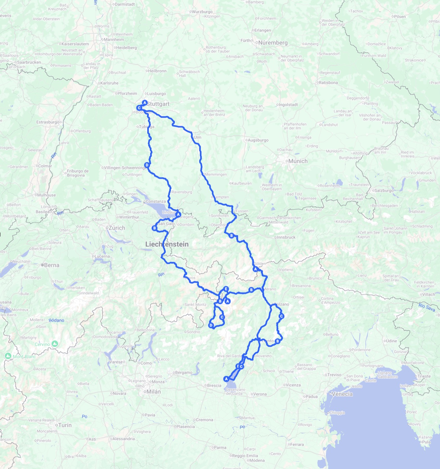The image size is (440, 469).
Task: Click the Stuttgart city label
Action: tap(158, 104)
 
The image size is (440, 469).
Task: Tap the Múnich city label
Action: tap(298, 161)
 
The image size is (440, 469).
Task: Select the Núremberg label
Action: tap(273, 43)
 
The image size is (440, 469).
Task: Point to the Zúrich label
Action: tap(117, 228)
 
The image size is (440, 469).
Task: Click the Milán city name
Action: tap(153, 392)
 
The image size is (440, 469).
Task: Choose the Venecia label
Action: tap(342, 394)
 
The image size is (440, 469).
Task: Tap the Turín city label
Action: tap(65, 425)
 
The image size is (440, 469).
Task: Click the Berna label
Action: tap(51, 265)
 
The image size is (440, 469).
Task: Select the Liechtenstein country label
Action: tap(167, 244)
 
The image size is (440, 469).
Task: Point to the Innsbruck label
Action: tap(286, 237)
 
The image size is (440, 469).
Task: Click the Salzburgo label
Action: tap(384, 191)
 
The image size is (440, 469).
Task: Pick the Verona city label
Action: tap(260, 394)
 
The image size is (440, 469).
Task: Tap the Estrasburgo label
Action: tap(48, 122)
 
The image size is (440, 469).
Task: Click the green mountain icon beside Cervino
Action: tap(55, 344)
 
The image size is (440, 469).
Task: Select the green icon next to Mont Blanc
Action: tap(8, 356)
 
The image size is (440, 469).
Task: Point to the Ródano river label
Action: tap(56, 320)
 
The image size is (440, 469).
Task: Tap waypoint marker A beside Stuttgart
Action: tap(145, 103)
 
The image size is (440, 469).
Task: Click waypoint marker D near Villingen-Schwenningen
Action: tap(147, 165)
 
